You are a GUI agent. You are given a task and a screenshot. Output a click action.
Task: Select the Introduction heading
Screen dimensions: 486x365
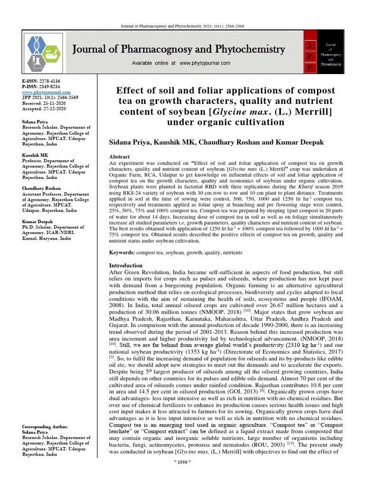(x=126, y=265)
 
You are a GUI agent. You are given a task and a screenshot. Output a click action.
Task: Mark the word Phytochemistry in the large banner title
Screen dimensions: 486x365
(x=248, y=49)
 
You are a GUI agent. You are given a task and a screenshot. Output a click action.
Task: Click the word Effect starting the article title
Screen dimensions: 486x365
(x=132, y=91)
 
